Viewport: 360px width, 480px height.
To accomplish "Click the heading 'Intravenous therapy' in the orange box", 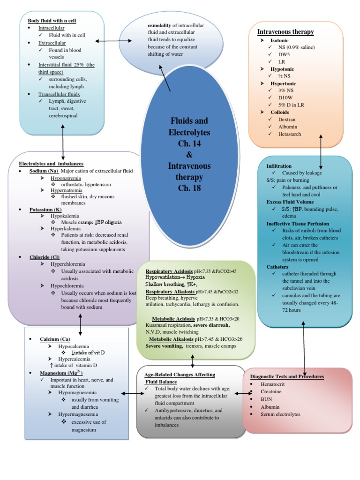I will point(285,32).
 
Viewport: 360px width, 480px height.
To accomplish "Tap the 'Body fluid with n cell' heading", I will point(52,21).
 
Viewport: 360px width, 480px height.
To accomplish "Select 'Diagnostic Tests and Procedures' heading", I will point(287,377).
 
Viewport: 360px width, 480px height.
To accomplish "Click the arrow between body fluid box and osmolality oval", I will point(107,42).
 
